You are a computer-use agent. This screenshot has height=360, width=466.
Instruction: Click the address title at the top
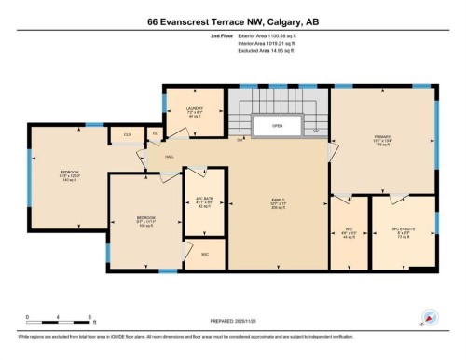coord(233,21)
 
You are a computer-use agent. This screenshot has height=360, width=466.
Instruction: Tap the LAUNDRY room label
coord(194,111)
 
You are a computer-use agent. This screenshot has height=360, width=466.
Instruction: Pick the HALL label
coord(170,157)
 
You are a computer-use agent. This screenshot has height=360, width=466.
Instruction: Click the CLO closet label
coord(128,134)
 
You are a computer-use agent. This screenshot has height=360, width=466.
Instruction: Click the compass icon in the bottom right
coord(430,317)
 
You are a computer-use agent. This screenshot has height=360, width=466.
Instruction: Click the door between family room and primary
coord(332,149)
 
